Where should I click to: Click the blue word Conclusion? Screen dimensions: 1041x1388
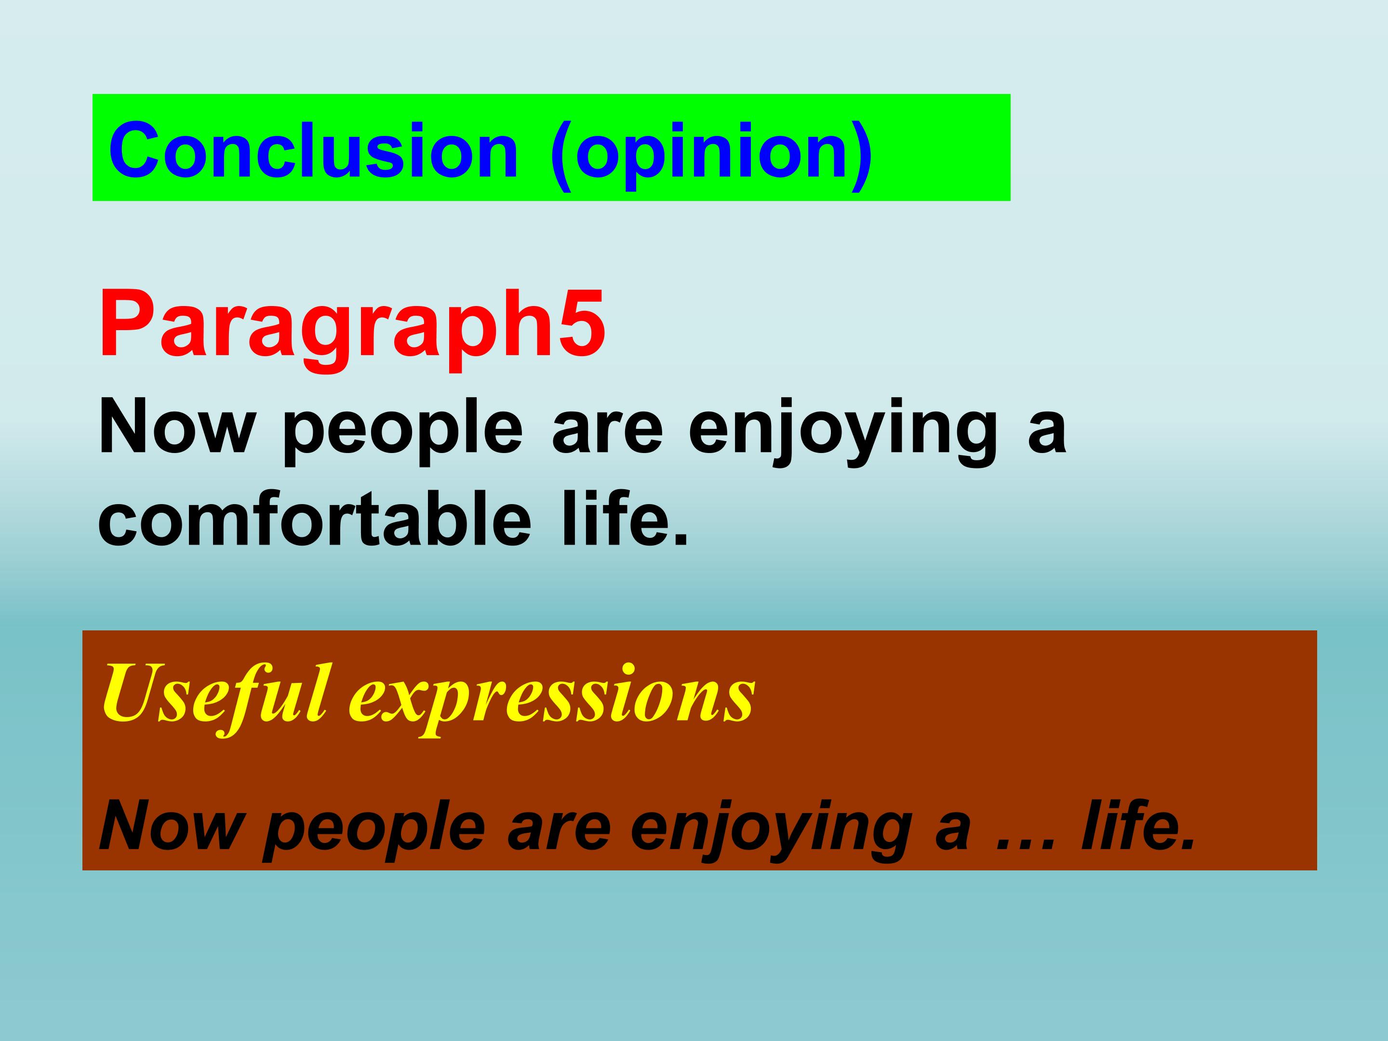coord(314,150)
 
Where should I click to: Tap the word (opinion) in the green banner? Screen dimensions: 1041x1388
coord(711,154)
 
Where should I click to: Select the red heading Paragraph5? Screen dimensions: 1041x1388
coord(351,326)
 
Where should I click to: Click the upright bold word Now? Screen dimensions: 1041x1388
coord(176,428)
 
